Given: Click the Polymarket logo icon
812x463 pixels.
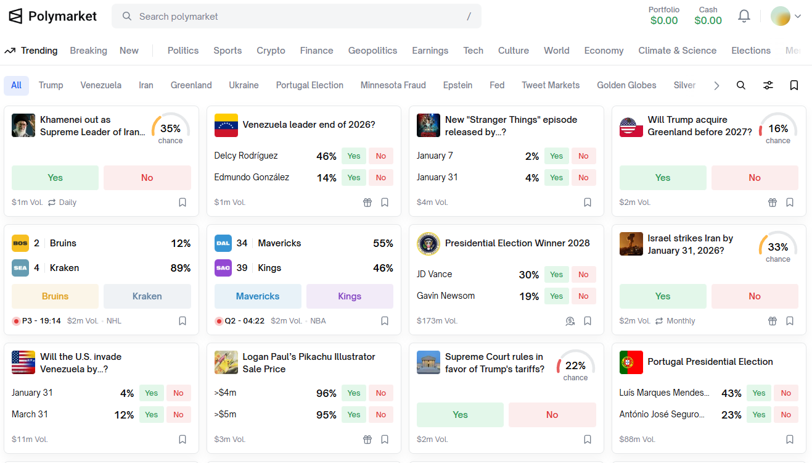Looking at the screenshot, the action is [x=15, y=16].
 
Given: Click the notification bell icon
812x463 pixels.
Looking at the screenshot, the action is [x=744, y=16].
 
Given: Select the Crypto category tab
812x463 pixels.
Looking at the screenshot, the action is [x=271, y=51].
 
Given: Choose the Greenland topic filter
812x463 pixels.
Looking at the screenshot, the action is [x=191, y=85].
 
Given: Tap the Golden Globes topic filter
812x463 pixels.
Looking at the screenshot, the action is [x=626, y=85].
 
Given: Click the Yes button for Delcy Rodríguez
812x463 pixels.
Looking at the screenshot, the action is [x=353, y=156].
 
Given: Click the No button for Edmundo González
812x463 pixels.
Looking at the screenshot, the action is [x=380, y=177].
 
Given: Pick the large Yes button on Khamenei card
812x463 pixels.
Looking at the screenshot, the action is [x=55, y=178].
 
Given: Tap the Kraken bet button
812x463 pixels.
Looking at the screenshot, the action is [x=147, y=296].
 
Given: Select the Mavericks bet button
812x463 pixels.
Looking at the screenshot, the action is [x=257, y=296].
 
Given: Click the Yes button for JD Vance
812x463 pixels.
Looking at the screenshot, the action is [x=556, y=275].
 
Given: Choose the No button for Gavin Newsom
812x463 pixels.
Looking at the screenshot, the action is [x=583, y=296].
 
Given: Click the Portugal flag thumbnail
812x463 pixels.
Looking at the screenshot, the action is [x=631, y=362].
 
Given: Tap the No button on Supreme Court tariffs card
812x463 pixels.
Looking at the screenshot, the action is [x=552, y=415].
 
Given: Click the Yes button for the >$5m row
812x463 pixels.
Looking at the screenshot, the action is [x=353, y=415].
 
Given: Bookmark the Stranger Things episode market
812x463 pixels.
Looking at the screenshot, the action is [x=587, y=202].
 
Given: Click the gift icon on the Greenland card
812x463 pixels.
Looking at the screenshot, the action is [x=773, y=202].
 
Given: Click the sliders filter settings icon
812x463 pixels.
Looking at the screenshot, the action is [x=768, y=85].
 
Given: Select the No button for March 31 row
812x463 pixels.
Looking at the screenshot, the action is [x=178, y=415].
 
